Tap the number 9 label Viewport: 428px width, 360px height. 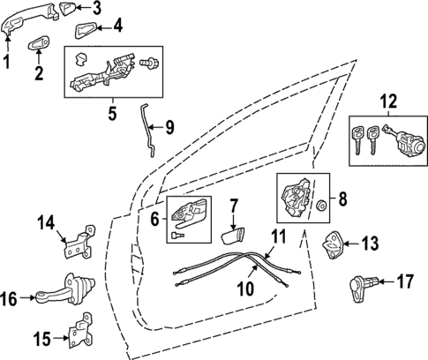tap(169, 126)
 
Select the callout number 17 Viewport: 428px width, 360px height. tap(405, 282)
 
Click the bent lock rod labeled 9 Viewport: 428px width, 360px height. tap(147, 129)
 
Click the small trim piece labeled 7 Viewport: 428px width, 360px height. tap(236, 234)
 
